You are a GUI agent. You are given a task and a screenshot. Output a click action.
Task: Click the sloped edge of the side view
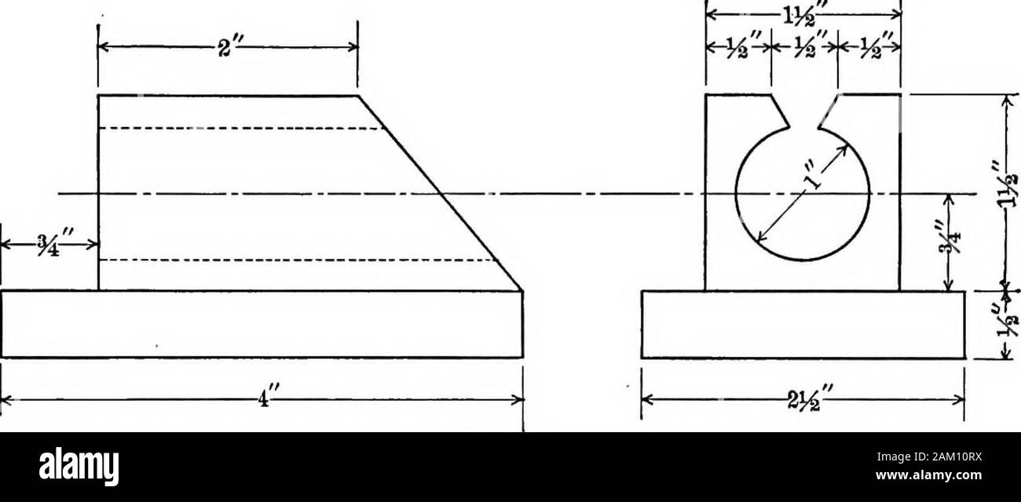[440, 193]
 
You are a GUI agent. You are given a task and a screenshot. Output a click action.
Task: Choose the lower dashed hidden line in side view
[298, 260]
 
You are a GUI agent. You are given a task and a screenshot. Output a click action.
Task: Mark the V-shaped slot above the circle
[803, 114]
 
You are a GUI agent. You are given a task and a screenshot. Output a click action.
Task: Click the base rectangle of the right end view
[803, 325]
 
